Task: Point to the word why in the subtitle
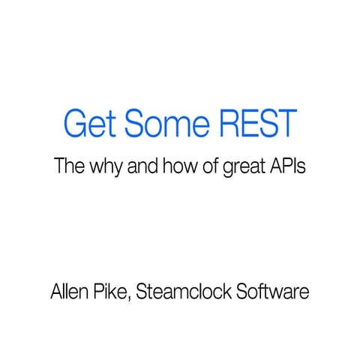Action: pos(106,166)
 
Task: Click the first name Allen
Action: pos(69,290)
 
